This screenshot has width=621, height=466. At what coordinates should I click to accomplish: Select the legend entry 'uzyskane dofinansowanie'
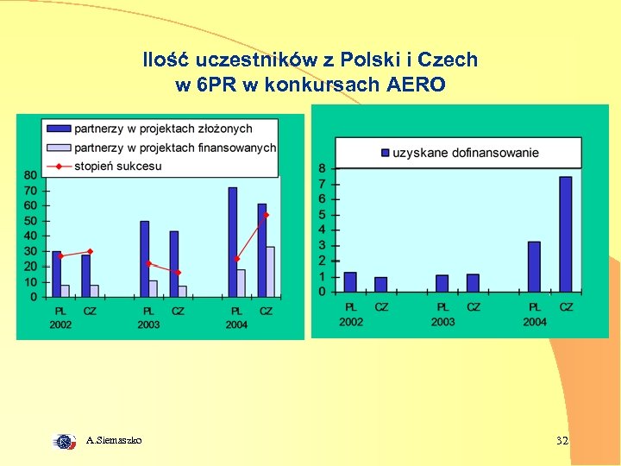[466, 153]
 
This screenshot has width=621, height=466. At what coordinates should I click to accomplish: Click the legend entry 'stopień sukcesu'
[117, 166]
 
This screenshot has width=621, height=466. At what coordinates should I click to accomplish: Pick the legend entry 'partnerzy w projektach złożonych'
[163, 129]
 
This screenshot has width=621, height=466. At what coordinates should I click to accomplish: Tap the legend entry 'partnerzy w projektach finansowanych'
[175, 148]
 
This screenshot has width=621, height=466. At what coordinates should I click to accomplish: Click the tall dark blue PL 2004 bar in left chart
[233, 242]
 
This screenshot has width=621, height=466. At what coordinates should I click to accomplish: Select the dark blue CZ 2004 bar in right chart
[566, 234]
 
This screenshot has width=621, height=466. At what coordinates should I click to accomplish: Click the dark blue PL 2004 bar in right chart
[534, 267]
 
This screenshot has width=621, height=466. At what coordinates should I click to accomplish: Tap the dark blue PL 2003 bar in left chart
[145, 257]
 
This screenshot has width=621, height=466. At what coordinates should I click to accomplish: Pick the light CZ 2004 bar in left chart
[270, 271]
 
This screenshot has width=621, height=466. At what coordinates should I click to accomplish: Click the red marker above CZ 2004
[267, 215]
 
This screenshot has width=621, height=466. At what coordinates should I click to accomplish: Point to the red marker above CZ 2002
[90, 251]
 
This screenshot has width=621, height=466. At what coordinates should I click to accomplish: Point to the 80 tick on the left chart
[30, 175]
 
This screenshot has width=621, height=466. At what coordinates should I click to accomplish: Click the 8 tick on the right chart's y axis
[322, 168]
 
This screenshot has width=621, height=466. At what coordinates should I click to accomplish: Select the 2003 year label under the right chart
[443, 322]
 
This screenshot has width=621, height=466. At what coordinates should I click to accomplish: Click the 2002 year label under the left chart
[60, 324]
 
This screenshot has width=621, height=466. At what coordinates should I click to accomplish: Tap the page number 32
[561, 441]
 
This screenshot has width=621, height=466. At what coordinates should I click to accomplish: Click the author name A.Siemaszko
[115, 441]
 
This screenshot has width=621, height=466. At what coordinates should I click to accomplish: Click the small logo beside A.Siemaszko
[65, 441]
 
